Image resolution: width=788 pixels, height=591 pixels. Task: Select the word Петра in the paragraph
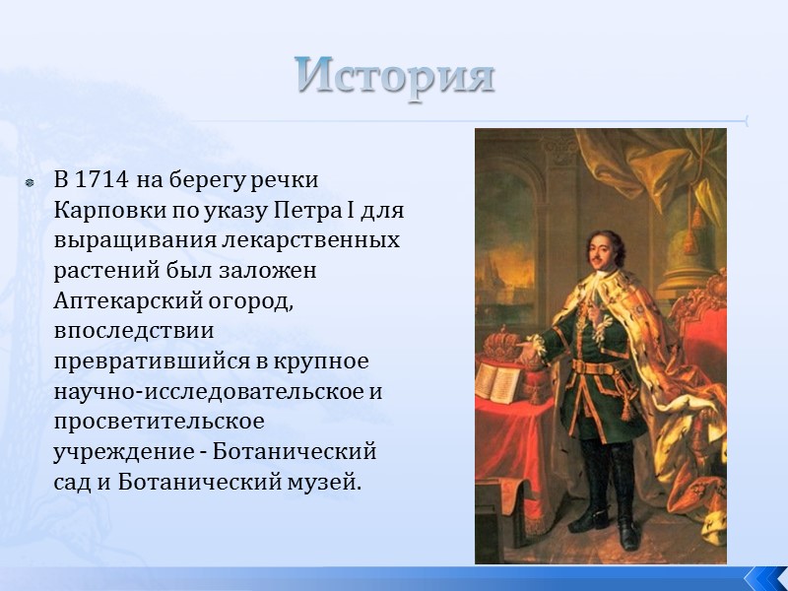point(302,211)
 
